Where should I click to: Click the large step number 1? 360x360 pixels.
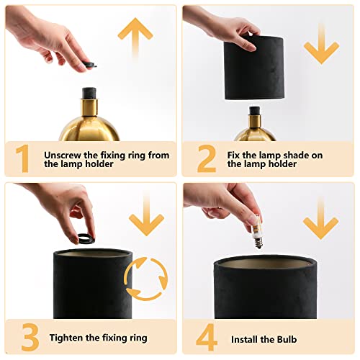tap(24, 159)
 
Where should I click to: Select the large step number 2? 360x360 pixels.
tap(206, 159)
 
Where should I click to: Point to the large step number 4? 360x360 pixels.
tap(206, 337)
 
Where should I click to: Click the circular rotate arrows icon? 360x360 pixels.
tap(146, 279)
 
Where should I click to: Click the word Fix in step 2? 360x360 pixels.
tap(235, 154)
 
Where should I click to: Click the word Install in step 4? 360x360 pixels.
tap(247, 338)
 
